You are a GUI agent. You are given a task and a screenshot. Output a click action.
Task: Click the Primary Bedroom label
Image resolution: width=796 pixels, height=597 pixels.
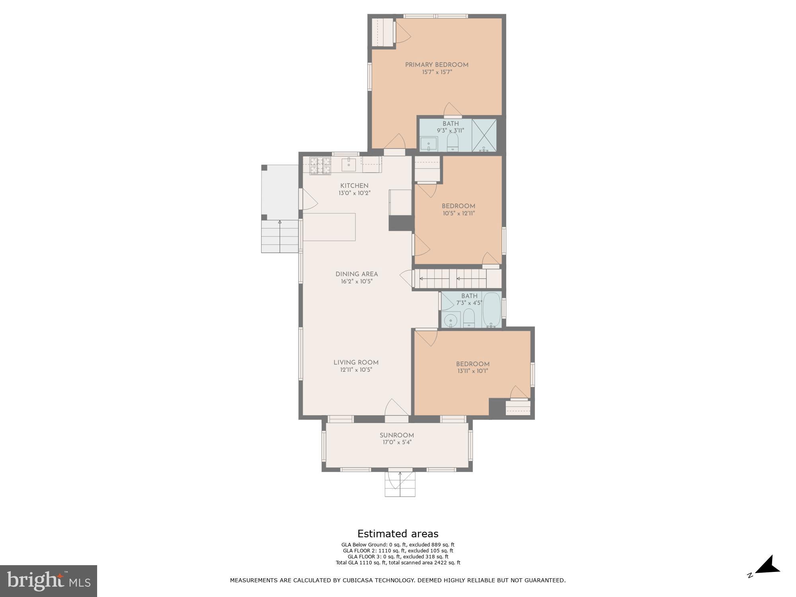point(437,65)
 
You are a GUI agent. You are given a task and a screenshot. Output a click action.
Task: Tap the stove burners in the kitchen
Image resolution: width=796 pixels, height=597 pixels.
point(320,166)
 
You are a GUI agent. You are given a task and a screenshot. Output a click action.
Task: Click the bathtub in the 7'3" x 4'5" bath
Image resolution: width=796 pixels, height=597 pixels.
point(492,310)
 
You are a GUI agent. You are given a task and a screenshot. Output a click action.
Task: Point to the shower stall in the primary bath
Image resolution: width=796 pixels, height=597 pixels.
point(484,135)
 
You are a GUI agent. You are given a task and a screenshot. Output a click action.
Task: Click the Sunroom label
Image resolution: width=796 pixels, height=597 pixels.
point(396,435)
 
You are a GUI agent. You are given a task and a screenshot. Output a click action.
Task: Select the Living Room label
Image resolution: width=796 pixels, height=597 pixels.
point(356,363)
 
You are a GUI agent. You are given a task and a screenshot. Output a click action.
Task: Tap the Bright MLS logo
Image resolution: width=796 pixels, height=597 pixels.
point(48,581)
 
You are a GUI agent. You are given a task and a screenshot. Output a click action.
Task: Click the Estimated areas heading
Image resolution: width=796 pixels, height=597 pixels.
point(398,534)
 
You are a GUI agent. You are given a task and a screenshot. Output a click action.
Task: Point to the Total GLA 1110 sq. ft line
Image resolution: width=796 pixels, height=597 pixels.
point(398,563)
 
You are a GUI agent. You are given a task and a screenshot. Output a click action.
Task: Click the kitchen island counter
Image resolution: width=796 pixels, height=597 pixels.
point(329,227)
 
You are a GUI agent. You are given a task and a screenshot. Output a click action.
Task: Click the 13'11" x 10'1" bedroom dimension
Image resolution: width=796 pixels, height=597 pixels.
point(472,371)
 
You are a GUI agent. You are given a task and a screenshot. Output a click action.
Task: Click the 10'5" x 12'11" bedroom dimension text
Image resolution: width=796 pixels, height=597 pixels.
point(458,213)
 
